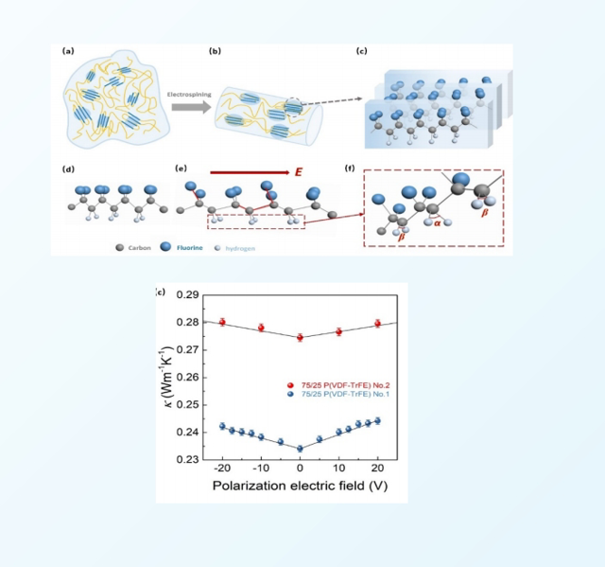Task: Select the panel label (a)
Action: pyautogui.click(x=68, y=51)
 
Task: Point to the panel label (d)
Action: pyautogui.click(x=68, y=170)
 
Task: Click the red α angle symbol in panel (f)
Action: pyautogui.click(x=437, y=223)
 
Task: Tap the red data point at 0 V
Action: pyautogui.click(x=300, y=337)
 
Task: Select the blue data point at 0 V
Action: pyautogui.click(x=300, y=449)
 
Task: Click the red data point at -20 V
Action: pyautogui.click(x=222, y=322)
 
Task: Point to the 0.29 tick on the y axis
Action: pyautogui.click(x=189, y=295)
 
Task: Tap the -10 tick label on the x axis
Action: pyautogui.click(x=260, y=470)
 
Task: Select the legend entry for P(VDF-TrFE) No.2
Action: pyautogui.click(x=337, y=385)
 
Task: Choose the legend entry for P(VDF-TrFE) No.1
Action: pyautogui.click(x=337, y=395)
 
